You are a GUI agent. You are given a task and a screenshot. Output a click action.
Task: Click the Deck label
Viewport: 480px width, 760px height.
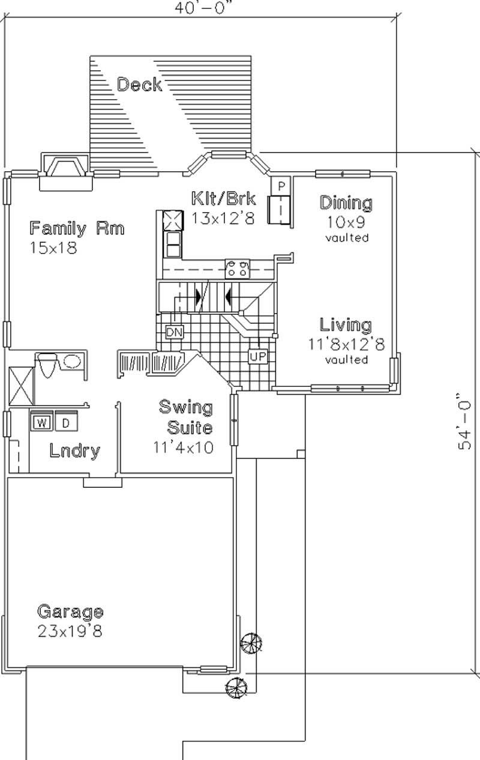pos(139,85)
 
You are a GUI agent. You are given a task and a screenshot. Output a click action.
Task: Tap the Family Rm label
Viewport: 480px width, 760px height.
pos(77,228)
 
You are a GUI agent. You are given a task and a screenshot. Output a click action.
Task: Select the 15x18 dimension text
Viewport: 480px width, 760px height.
pos(53,248)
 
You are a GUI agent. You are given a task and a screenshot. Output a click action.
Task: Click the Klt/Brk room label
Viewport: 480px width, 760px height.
pos(223,199)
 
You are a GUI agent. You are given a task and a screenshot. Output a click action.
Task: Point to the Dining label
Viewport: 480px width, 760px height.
pos(346,203)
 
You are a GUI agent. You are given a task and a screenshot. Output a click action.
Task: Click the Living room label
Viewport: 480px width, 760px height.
pos(345,325)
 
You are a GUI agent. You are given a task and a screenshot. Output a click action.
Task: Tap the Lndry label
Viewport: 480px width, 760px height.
pos(74,451)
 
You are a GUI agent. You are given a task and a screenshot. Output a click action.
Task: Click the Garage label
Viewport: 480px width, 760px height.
pos(70,612)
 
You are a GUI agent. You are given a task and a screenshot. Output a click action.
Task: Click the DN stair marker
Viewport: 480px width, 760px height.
pos(174,332)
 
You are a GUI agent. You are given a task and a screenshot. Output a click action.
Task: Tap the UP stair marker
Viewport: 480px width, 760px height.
pos(257,357)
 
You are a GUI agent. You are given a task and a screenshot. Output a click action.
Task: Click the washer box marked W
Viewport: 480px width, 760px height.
pos(41,422)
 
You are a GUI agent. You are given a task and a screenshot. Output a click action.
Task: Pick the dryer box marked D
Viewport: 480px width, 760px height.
pos(66,422)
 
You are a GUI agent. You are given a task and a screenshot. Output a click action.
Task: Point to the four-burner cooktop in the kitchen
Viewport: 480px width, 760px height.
pos(238,269)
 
